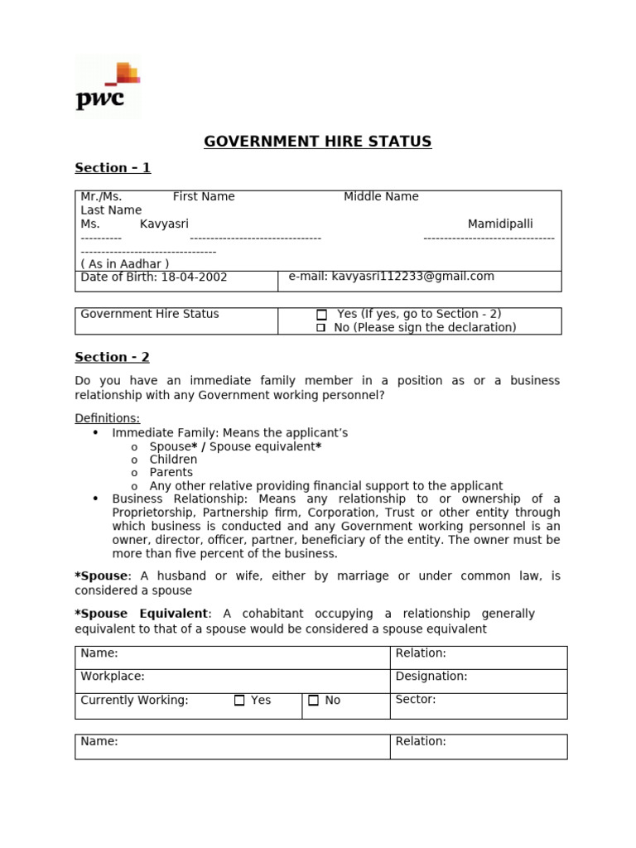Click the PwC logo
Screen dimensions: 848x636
[108, 86]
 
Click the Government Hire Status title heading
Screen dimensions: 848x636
[318, 142]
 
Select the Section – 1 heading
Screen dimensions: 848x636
[113, 168]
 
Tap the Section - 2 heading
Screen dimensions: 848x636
[113, 358]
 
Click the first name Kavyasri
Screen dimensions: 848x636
[164, 224]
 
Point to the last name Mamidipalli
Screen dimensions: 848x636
[500, 224]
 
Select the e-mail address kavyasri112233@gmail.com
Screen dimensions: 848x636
[412, 277]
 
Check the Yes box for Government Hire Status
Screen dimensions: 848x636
[322, 315]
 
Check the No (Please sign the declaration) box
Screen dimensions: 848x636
[321, 328]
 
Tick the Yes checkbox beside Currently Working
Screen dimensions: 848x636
[239, 701]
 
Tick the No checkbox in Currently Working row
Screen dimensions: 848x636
[313, 701]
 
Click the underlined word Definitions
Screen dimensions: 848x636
[108, 418]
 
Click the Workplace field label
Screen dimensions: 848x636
[113, 677]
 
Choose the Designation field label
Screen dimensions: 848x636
[431, 677]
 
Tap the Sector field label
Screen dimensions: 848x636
[416, 700]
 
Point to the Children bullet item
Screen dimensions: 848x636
[173, 460]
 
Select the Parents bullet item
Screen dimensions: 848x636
[171, 473]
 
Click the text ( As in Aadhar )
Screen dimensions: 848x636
[125, 264]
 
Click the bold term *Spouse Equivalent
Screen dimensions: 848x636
[142, 614]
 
